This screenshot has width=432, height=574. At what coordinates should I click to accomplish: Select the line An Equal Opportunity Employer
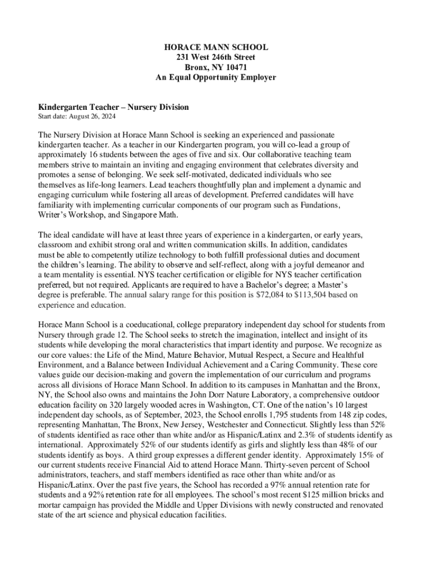tap(216, 77)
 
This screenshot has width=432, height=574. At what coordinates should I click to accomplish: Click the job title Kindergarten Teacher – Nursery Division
tap(113, 107)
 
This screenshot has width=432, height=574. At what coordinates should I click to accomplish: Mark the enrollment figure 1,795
tap(251, 416)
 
